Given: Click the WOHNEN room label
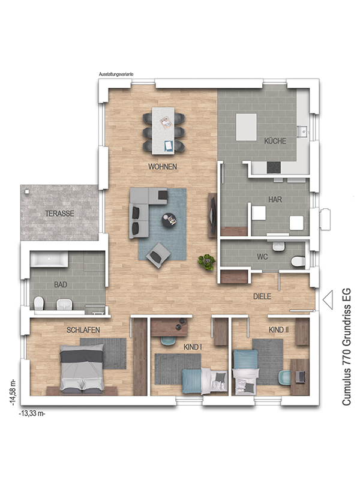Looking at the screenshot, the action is tap(163, 167).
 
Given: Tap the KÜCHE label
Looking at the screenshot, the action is tap(275, 141).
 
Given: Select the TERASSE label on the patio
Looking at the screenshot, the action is tap(59, 214).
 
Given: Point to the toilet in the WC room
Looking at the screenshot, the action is tap(298, 262).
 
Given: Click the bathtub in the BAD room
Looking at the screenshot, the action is tap(49, 260).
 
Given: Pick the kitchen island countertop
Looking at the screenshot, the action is tap(246, 127).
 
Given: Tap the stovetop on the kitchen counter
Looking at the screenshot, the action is tap(274, 167).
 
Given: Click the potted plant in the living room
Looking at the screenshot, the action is tap(206, 262).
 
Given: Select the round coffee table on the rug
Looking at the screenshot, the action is tap(170, 220).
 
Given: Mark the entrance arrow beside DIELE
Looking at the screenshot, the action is tap(328, 299).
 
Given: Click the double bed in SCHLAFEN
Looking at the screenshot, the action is tap(82, 367).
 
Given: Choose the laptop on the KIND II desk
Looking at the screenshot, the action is tap(301, 376).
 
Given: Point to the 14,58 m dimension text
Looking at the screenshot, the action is tap(13, 392).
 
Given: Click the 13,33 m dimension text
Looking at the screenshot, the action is tap(32, 413).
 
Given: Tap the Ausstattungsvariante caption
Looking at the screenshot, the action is tap(116, 74).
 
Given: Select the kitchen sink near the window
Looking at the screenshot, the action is tap(304, 131).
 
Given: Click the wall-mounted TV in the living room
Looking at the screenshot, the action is tap(213, 214).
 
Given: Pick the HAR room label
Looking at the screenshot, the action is tap(275, 200).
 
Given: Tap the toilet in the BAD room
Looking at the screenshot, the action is tap(39, 304).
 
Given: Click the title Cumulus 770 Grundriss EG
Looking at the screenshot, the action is tap(346, 347).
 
